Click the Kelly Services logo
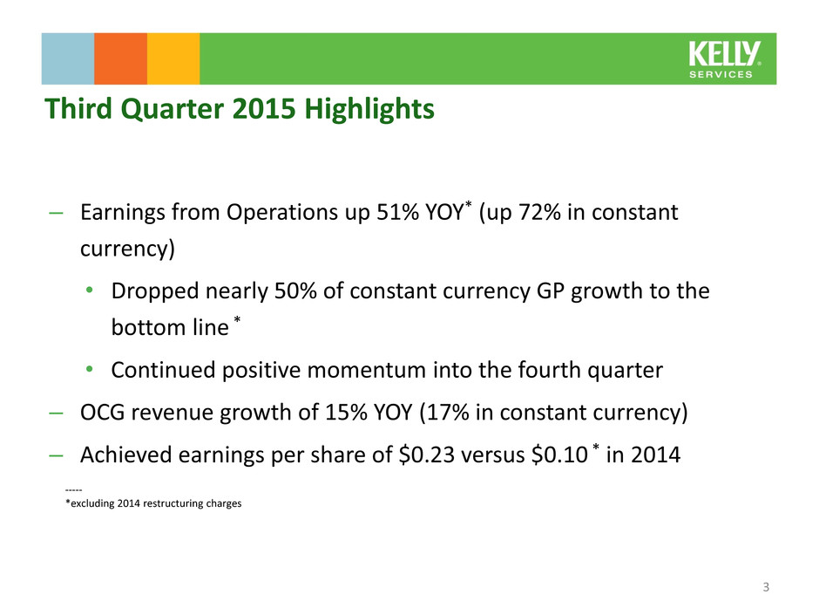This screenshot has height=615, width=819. pos(724,59)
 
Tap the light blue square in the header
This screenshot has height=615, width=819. pos(68,58)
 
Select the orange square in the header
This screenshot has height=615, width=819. pos(120,58)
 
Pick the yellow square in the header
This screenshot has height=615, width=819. pos(173,58)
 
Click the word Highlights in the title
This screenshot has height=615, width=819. pos(369,110)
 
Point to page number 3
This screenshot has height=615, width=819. pos(766,587)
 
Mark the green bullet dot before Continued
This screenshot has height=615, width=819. pos(90,370)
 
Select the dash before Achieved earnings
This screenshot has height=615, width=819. pos(56,455)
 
